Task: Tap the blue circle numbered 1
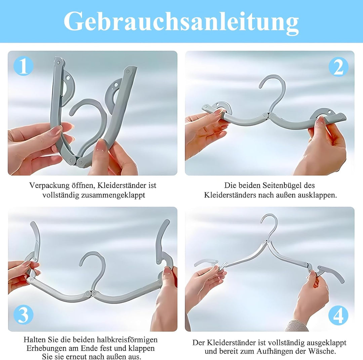(x=23, y=66)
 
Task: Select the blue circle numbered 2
(x=338, y=67)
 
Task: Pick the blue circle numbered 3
(x=24, y=315)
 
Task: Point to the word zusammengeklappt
(x=113, y=195)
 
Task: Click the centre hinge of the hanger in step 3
(x=91, y=293)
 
